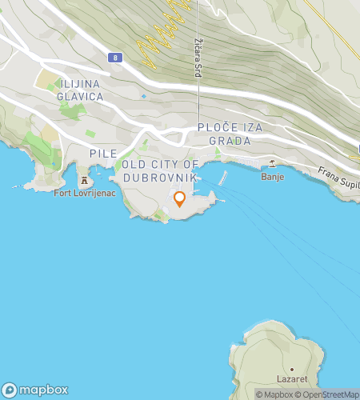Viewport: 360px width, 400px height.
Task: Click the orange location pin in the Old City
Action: point(180,198)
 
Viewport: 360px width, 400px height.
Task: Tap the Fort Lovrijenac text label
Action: point(83,193)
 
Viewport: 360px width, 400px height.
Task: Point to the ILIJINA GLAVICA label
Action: point(80,90)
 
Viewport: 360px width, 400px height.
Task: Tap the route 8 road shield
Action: point(116,58)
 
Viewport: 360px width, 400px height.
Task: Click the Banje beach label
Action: point(273,178)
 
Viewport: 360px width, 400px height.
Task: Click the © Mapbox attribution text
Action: point(274,394)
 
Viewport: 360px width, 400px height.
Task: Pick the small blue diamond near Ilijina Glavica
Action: point(144,97)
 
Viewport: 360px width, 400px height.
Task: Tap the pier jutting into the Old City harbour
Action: point(223,177)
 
